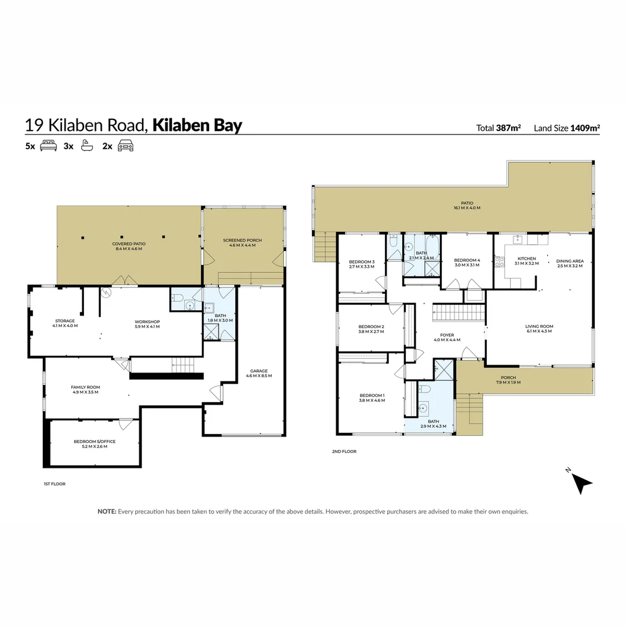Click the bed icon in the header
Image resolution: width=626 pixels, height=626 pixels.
coord(48,146)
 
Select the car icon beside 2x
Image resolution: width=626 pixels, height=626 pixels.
coord(125,146)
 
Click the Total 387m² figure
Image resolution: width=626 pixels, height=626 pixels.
coord(498,128)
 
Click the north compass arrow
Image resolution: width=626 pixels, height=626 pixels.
coord(583,482)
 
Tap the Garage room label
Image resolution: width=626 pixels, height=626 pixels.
coord(259,373)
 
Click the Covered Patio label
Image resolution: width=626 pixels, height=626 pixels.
coord(129,246)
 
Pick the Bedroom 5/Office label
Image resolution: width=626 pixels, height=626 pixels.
coord(94,444)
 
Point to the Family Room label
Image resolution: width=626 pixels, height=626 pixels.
coord(86,390)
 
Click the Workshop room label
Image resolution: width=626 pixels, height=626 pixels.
coord(147,324)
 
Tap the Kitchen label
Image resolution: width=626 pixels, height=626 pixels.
coord(527,261)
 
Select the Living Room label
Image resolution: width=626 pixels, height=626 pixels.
coord(539,329)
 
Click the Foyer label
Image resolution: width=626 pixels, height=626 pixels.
coord(447,337)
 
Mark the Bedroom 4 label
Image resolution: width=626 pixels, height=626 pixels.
coord(467,263)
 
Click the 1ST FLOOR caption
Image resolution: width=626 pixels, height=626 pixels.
coord(54,483)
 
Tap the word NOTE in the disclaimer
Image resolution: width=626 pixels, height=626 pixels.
coord(107,511)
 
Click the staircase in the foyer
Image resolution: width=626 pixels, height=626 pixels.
coord(458,313)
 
